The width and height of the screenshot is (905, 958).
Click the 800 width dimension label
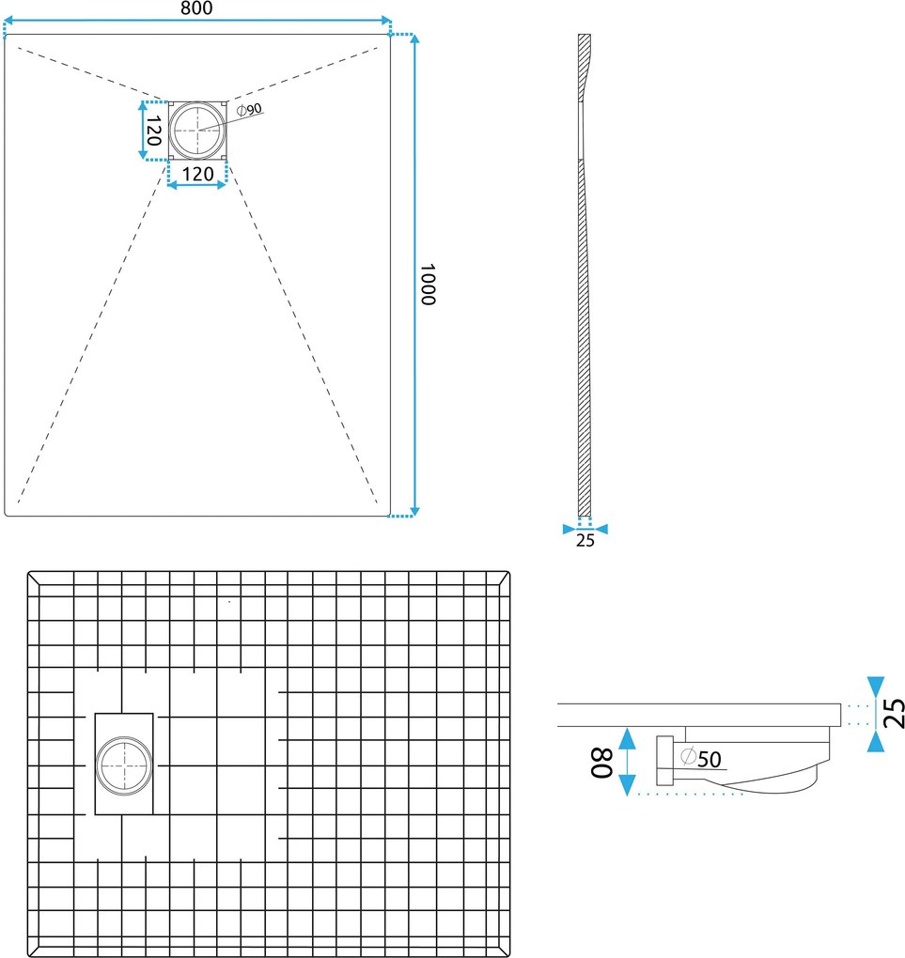click(196, 8)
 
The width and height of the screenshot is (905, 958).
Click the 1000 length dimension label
click(428, 284)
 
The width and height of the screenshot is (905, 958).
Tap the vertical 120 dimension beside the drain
click(153, 131)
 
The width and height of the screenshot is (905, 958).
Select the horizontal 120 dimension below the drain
click(197, 174)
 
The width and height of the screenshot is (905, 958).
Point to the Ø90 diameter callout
click(249, 109)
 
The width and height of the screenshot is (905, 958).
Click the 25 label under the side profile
click(585, 541)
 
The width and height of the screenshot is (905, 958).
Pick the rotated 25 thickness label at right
click(895, 713)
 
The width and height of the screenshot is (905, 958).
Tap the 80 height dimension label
click(601, 763)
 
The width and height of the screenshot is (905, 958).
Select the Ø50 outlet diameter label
click(701, 758)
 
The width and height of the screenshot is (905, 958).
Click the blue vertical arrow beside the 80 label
click(628, 762)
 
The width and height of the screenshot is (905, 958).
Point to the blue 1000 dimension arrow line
click(414, 275)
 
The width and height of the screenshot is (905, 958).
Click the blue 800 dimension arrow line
click(197, 21)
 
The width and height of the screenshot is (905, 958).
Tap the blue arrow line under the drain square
click(197, 184)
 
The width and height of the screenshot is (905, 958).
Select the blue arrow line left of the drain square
click(143, 131)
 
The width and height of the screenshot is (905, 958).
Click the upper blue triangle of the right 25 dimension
click(876, 685)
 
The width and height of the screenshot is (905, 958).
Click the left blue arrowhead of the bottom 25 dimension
click(570, 529)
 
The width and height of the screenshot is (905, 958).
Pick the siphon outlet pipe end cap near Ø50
click(664, 761)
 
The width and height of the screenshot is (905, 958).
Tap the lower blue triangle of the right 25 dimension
click(876, 743)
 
